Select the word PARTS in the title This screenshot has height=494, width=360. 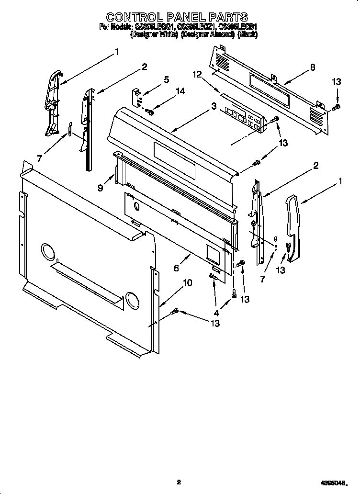point(227,18)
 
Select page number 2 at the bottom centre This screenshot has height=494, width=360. point(178,483)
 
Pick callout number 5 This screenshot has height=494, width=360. point(166,80)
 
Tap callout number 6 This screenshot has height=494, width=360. point(177,269)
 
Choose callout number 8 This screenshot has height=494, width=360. point(312,67)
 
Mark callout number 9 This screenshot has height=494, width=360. point(101,188)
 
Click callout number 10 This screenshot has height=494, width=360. point(188,283)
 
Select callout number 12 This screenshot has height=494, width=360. point(196,74)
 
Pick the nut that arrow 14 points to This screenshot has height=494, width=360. point(150,112)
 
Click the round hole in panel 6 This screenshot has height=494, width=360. point(137,207)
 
